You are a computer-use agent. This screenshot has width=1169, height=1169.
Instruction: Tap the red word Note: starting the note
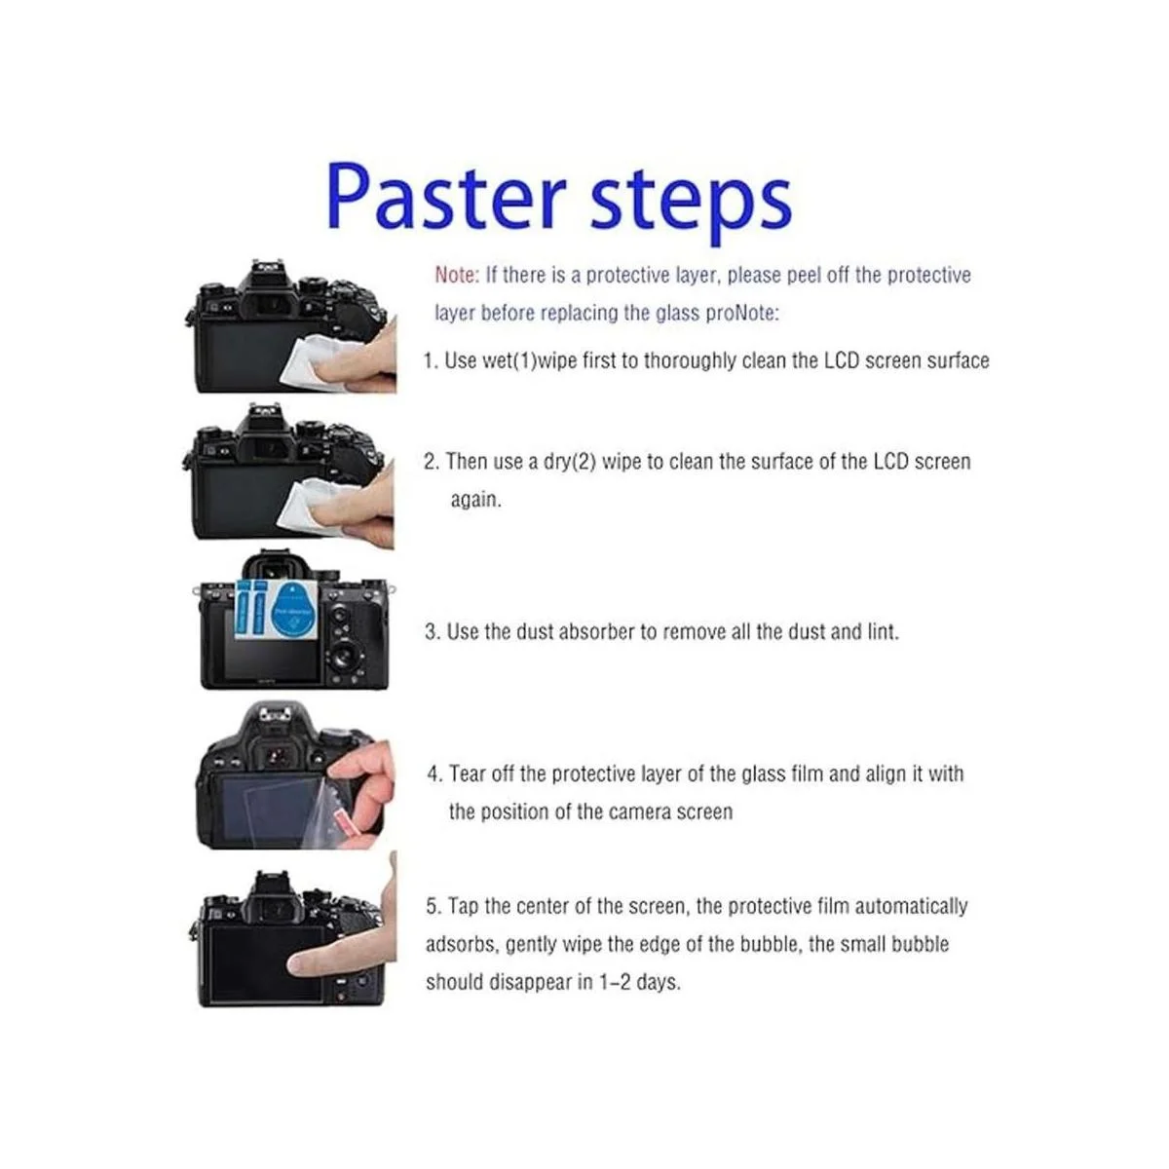tap(457, 276)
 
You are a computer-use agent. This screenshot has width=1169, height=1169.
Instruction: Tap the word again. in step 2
tap(475, 500)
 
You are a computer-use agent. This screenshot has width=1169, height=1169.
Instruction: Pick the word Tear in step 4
tap(469, 774)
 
